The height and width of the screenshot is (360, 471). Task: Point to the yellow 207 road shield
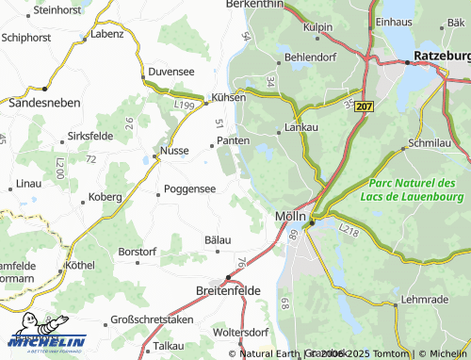pos(366,107)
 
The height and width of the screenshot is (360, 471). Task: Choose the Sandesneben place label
pos(43,101)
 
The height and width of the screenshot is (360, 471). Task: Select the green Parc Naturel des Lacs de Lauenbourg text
pos(413,188)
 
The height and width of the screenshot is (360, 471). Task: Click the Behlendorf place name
pos(311,57)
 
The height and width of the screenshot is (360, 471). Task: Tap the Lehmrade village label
pos(424,299)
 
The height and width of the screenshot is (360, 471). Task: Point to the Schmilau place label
pos(433,143)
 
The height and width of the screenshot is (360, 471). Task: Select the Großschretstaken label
pos(152,320)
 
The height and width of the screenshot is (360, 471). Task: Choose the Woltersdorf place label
pos(241,333)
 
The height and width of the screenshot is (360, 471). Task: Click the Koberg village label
pos(105,197)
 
